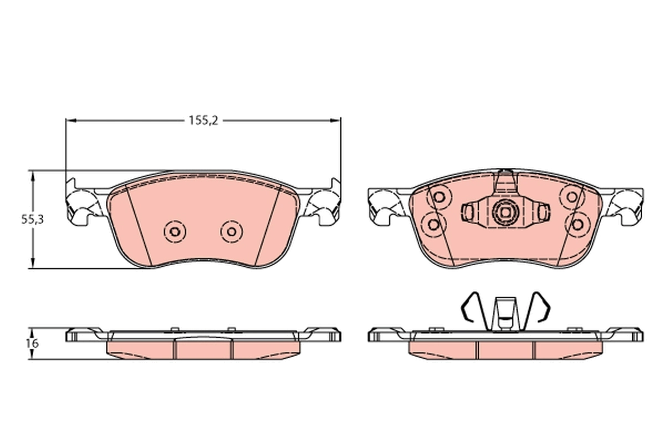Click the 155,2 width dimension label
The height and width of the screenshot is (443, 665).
click(x=203, y=120)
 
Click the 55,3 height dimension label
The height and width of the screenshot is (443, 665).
click(x=32, y=219)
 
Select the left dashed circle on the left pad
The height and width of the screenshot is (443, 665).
click(x=175, y=231)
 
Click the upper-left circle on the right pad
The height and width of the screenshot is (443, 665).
click(x=439, y=197)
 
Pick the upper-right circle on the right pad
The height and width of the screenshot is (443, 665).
click(x=570, y=197)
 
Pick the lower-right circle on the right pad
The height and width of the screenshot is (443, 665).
click(x=577, y=224)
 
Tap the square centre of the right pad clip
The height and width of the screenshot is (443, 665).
click(x=505, y=211)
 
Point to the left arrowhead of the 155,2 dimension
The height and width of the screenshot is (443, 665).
click(x=69, y=120)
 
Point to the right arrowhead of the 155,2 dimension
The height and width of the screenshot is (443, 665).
click(x=336, y=120)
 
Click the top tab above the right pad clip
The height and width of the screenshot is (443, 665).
click(x=504, y=181)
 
